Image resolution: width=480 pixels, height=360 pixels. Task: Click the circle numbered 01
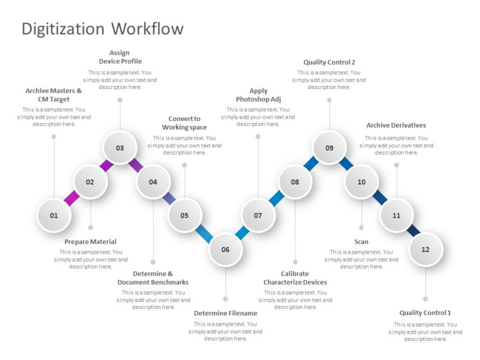pos(54,215)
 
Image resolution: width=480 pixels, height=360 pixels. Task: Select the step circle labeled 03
pos(120,148)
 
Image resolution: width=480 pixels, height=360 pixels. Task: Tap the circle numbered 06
pos(225,249)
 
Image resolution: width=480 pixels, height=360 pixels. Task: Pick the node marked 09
pos(329,148)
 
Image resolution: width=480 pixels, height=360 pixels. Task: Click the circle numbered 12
pos(425,249)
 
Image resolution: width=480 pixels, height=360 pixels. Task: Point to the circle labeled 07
pos(258,215)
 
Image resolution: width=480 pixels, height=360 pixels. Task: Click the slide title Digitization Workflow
pos(102,29)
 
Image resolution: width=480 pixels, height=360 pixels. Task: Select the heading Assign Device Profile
pos(120,57)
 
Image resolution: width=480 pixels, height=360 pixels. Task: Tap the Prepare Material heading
pos(91,242)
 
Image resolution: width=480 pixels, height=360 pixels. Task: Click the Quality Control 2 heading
pos(329,62)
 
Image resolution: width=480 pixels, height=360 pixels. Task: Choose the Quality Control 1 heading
pos(425,313)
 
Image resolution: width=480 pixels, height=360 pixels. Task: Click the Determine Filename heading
pos(225,313)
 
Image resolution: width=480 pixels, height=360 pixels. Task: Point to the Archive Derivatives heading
pos(396,125)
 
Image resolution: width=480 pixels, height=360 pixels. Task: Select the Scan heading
pos(361,242)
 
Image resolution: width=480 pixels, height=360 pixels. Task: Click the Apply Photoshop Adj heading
pos(258,95)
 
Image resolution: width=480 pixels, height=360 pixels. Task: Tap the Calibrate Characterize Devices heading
pos(295,278)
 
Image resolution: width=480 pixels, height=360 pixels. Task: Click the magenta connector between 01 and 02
pos(72,198)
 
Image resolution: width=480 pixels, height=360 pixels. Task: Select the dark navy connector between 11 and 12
pos(414,230)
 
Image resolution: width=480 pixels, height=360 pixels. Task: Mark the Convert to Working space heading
pos(185,123)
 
